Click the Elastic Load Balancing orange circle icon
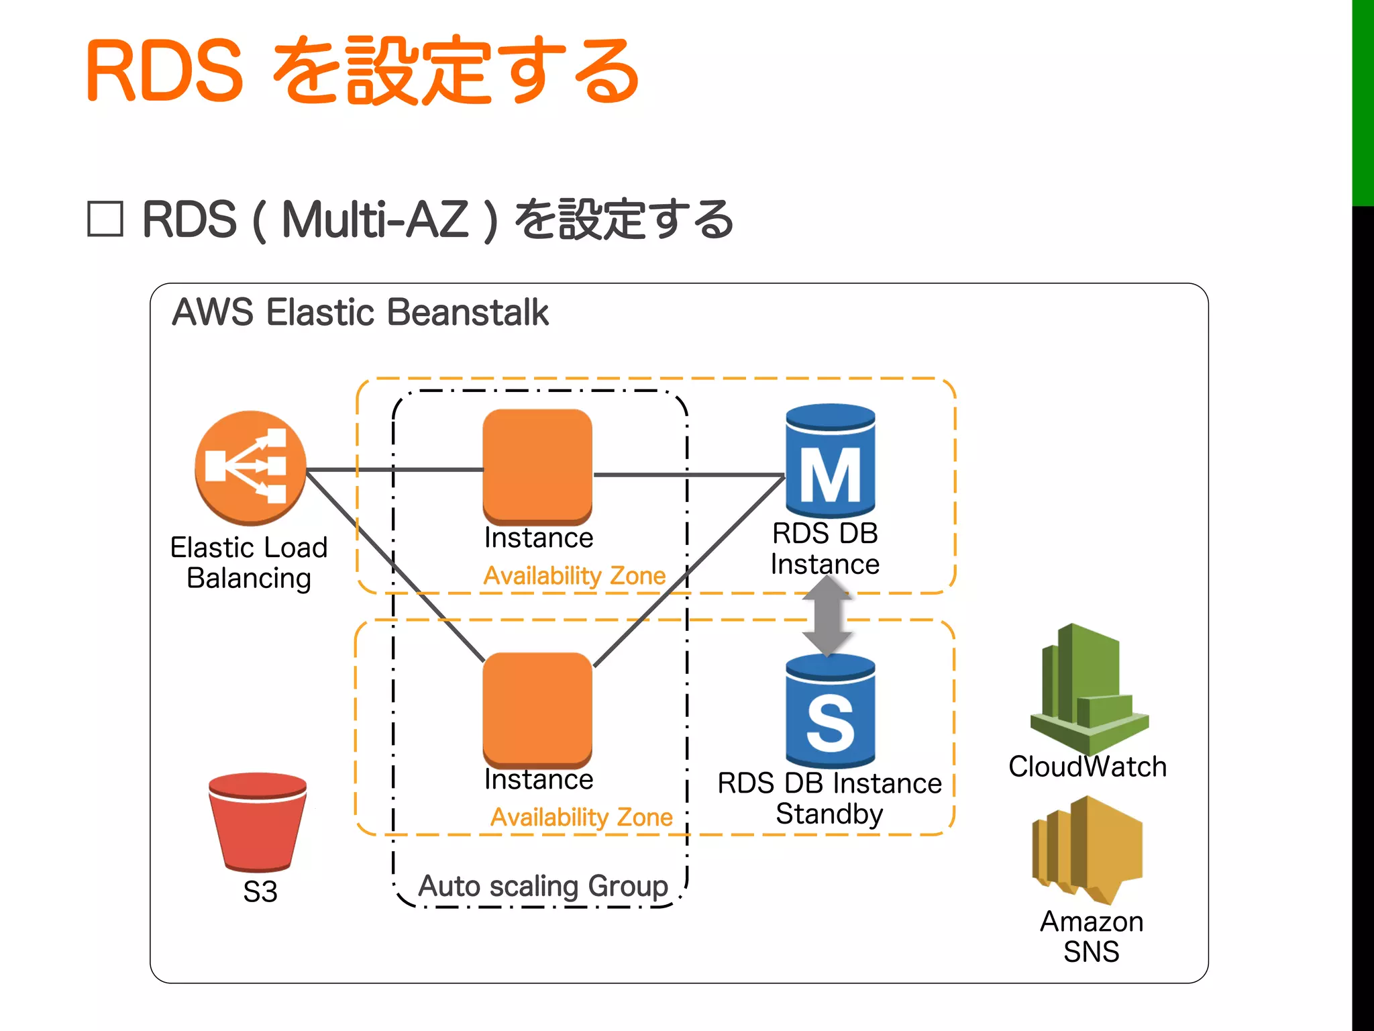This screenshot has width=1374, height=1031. pos(250,467)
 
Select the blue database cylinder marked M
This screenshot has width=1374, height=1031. pos(830,462)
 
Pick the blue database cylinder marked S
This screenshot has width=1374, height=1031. pos(830,711)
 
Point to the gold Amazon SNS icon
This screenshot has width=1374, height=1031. pos(1087,849)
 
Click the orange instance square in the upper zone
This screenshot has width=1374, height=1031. pos(537,466)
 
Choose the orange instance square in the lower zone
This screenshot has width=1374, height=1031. pos(537,709)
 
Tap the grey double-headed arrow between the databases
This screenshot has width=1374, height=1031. pos(827,616)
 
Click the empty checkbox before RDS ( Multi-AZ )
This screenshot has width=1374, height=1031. pos(105,219)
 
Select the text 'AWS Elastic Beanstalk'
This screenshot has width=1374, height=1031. pos(360,313)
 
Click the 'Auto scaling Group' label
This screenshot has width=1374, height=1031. pos(543,886)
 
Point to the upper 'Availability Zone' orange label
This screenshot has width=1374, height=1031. pos(574,576)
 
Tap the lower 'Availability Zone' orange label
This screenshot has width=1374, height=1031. pos(581,818)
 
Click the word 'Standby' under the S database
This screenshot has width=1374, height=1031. pos(829,814)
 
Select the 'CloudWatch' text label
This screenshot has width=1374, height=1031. pos(1088,767)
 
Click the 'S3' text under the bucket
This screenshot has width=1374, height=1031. pos(260,892)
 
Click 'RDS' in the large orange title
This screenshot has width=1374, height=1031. pos(165,71)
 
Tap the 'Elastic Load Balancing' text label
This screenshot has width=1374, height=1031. pos(249,562)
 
